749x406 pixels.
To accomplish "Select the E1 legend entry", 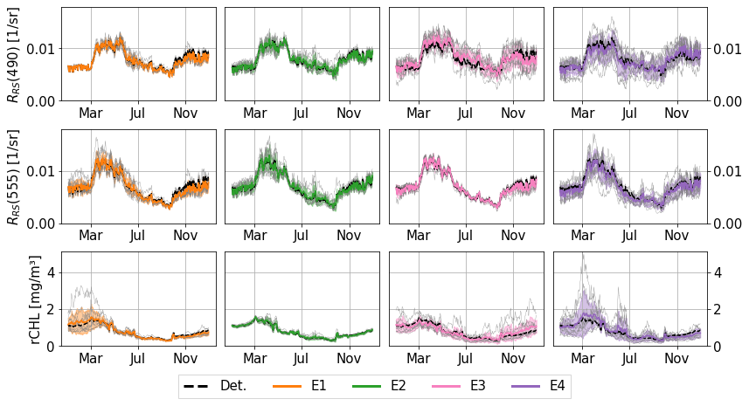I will coord(319,385).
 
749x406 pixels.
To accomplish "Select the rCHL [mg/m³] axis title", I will coord(35,299).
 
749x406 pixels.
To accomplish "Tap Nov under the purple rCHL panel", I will coord(676,359).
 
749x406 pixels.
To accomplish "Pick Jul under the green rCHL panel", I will coord(301,359).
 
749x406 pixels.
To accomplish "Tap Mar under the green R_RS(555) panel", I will coord(255,236).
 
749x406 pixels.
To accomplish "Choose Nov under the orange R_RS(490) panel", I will coord(184,114).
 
